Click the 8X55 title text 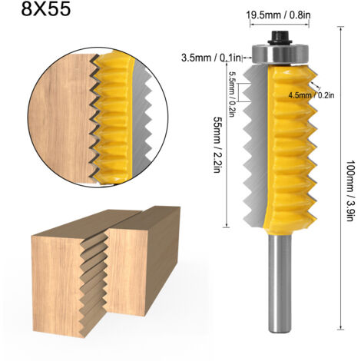point(45,9)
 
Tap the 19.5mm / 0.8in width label point(278,15)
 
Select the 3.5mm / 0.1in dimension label point(211,58)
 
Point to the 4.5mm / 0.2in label point(311,95)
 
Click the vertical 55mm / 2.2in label point(217,145)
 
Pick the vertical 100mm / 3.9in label point(350,190)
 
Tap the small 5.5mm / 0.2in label point(231,94)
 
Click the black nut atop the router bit point(280,38)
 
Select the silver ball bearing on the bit point(280,54)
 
